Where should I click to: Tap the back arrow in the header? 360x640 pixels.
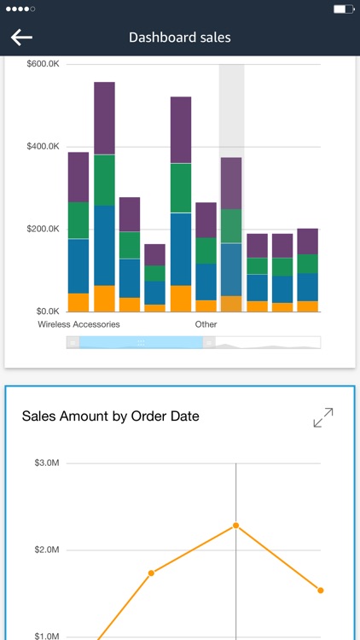point(21,37)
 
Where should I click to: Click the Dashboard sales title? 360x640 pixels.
point(179,37)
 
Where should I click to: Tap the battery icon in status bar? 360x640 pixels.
point(343,9)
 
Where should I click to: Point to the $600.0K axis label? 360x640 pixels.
point(43,64)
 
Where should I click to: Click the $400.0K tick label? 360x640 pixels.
point(43,147)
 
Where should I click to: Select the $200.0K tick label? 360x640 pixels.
point(43,229)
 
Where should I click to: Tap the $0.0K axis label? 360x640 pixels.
point(46,311)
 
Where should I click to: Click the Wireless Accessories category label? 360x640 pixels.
point(78,324)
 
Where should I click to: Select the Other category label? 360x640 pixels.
point(206,324)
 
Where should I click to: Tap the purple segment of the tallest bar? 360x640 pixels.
point(104,118)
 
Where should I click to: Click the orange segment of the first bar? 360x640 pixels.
point(78,303)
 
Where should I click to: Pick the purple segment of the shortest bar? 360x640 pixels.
point(154,254)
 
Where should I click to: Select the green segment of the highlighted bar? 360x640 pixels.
point(230,226)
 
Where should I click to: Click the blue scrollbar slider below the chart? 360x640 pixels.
point(141,342)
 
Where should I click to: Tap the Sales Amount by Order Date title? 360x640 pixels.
point(110,416)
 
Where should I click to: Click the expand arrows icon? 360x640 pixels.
point(323,418)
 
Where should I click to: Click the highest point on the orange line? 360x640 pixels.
point(235,526)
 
